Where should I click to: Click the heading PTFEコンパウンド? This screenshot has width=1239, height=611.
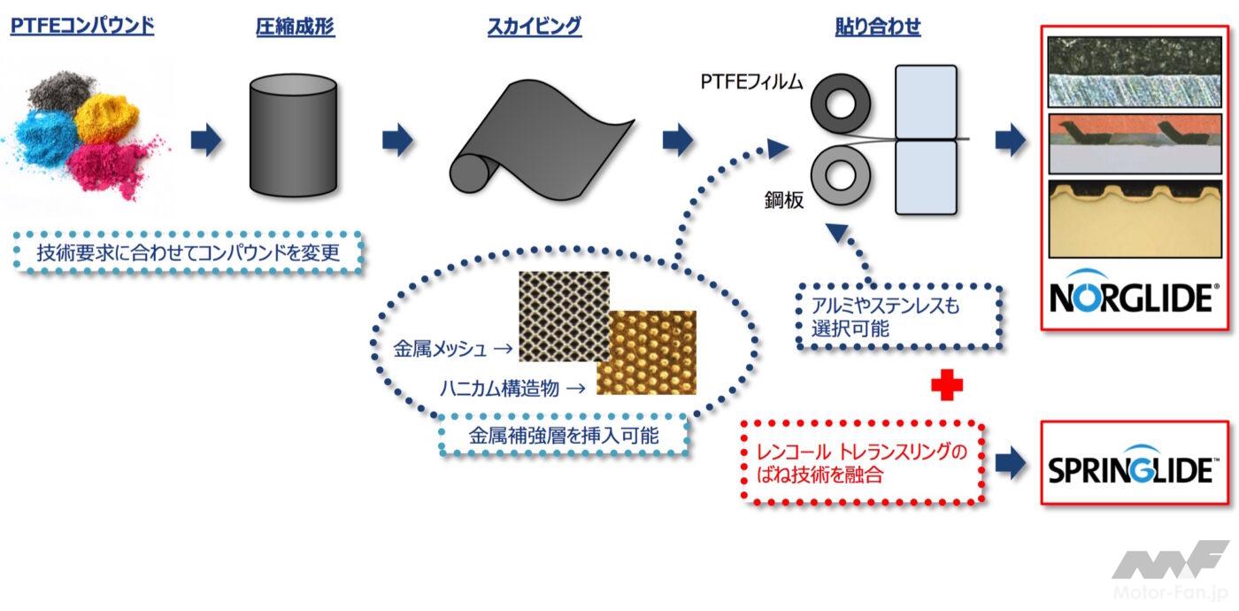tap(82, 26)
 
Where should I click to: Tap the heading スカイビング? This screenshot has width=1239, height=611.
tap(535, 27)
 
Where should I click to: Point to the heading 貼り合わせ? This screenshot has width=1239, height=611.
tap(878, 27)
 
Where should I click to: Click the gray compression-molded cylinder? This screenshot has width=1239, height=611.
tap(293, 135)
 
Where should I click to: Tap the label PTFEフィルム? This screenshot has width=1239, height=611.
tap(754, 83)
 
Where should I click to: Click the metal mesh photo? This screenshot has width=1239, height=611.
tap(564, 316)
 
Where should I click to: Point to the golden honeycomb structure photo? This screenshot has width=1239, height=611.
tap(646, 352)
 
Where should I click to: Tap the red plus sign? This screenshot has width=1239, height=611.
tap(946, 386)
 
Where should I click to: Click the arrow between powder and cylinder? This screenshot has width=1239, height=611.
tap(205, 140)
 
